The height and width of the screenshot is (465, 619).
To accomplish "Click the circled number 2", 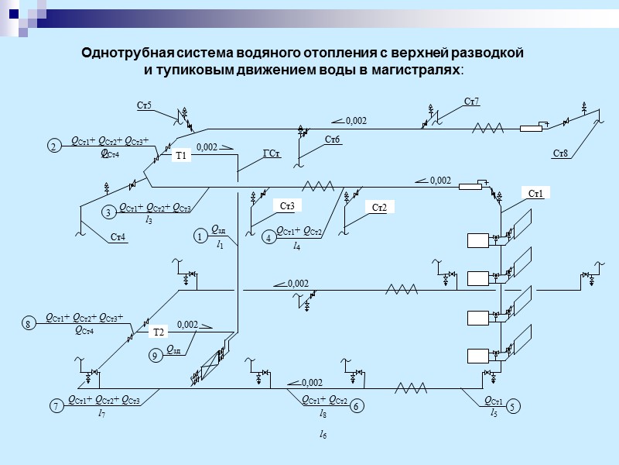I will [x=53, y=146].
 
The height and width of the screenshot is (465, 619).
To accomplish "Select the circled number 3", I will [x=109, y=211].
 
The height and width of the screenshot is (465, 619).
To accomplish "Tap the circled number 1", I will [x=199, y=236].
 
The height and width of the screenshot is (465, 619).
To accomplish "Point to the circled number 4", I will [x=268, y=239].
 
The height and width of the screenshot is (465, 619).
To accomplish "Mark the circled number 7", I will [x=56, y=406].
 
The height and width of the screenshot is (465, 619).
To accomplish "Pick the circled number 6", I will [x=357, y=405].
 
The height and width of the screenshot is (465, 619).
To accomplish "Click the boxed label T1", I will [x=181, y=156].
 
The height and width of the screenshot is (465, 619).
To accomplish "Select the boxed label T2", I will [x=159, y=332].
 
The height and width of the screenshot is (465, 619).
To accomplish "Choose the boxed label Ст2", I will [x=379, y=207].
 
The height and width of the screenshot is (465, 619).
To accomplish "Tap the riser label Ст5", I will [x=144, y=105].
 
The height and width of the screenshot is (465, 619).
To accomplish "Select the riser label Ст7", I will [x=471, y=102].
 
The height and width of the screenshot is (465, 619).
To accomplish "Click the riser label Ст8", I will [x=560, y=153].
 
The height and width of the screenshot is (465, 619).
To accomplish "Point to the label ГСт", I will [x=271, y=153].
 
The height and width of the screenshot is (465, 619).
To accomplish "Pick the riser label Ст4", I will [x=118, y=236].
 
